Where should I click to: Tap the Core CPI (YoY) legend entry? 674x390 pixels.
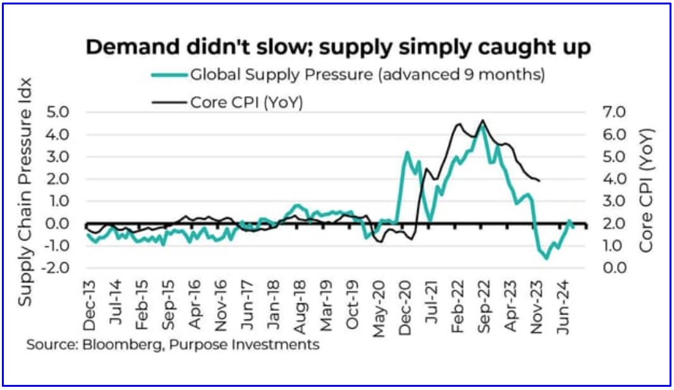(247, 102)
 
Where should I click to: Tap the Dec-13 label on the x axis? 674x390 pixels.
(90, 305)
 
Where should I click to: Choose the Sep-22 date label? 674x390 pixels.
(483, 305)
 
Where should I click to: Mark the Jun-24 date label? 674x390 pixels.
(563, 305)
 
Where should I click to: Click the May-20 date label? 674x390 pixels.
(380, 305)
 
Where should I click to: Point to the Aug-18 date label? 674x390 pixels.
(301, 305)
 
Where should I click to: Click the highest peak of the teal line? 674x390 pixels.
(483, 126)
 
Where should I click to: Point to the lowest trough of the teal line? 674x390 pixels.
(546, 259)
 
